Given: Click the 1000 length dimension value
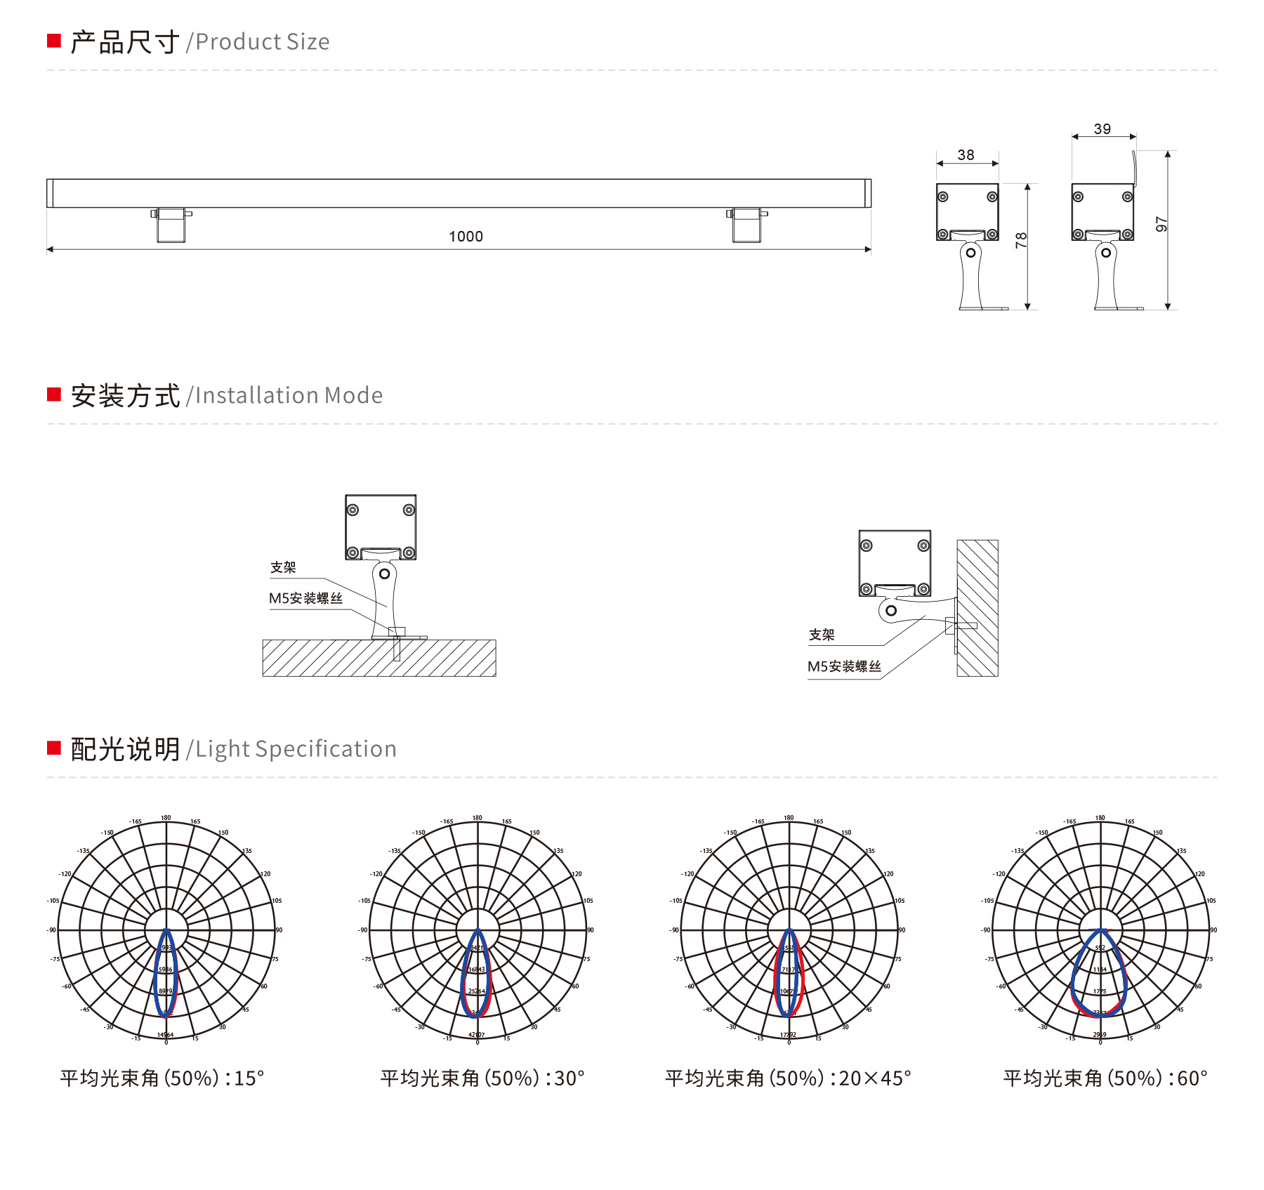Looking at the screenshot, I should click(x=466, y=237).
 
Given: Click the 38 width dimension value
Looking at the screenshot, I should click(x=966, y=155).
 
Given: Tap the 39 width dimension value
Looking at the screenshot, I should click(x=1102, y=129).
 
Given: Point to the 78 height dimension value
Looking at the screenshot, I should click(x=1022, y=240).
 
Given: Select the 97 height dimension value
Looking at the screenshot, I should click(x=1161, y=225).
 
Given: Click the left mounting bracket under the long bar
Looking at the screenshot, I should click(x=171, y=225).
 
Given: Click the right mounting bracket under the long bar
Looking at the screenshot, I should click(x=746, y=225).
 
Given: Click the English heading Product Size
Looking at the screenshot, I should click(x=262, y=42).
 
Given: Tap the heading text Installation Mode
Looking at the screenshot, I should click(x=289, y=396).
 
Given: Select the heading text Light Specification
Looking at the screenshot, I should click(x=296, y=749).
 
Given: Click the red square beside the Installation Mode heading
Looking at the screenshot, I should click(x=54, y=395).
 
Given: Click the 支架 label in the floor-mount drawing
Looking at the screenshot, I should click(x=283, y=567).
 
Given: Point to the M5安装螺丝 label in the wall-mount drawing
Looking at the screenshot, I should click(x=843, y=666).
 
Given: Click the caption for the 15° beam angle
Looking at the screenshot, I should click(x=162, y=1078).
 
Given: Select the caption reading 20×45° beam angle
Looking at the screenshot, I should click(x=788, y=1078).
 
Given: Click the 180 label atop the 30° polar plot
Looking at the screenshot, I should click(x=478, y=818).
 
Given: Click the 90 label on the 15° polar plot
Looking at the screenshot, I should click(x=279, y=930).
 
